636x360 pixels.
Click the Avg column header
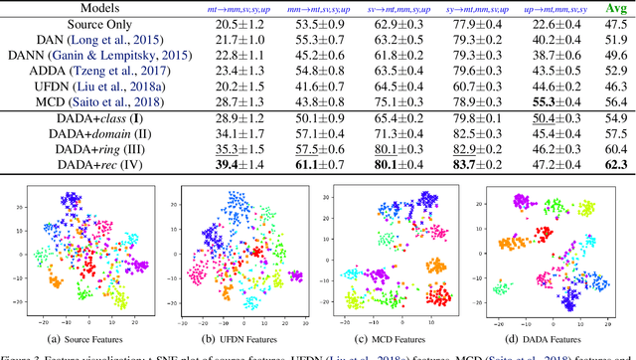(615, 7)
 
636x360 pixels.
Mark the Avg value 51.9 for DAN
(615, 40)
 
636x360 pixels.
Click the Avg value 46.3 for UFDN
(615, 87)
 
